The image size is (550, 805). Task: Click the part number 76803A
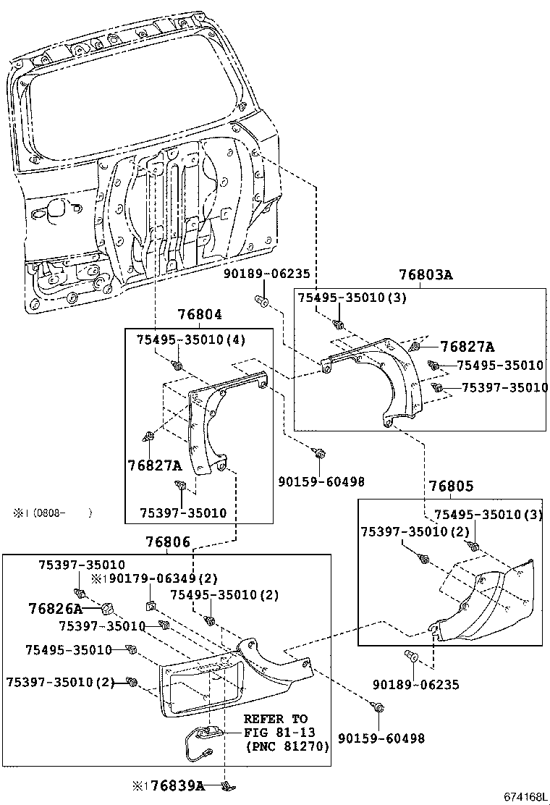(x=425, y=275)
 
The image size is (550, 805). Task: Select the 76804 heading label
(x=200, y=315)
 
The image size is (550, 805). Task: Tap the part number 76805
(x=450, y=486)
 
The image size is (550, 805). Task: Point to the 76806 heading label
(x=167, y=542)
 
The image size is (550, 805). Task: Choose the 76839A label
(x=177, y=785)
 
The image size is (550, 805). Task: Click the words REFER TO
(x=275, y=719)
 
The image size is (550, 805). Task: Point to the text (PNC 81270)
(x=287, y=746)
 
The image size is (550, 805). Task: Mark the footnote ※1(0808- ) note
(x=52, y=513)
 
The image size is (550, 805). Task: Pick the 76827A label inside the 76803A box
(x=467, y=347)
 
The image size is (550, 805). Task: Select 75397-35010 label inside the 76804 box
(x=183, y=513)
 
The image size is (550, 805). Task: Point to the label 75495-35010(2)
(x=213, y=594)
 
